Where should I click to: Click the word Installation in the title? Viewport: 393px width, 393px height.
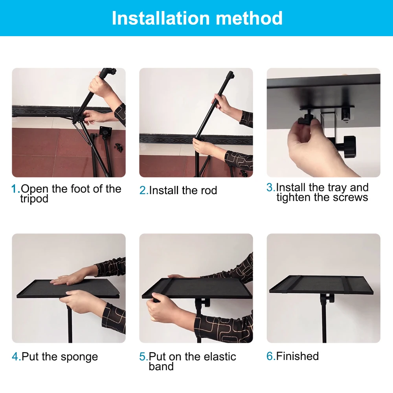(161, 18)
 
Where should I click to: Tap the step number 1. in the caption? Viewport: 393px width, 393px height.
(16, 189)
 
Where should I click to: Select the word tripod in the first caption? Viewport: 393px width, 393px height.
(34, 199)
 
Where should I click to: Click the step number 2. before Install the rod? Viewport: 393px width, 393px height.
(144, 191)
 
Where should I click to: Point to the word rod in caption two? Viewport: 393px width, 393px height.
(209, 191)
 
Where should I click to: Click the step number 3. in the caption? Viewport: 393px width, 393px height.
(271, 187)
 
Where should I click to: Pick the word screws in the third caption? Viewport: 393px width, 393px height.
(351, 198)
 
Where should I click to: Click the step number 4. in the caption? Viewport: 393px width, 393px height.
(17, 357)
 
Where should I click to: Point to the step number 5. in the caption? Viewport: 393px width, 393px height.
(144, 357)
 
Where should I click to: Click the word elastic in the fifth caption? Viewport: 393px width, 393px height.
(220, 357)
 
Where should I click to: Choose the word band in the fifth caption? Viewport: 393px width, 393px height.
(161, 366)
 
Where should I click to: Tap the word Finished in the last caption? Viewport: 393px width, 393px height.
(297, 356)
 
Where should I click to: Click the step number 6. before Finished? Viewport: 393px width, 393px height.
(271, 356)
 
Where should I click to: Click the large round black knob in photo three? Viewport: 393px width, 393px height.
(350, 147)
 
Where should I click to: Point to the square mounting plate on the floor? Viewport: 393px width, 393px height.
(105, 131)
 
